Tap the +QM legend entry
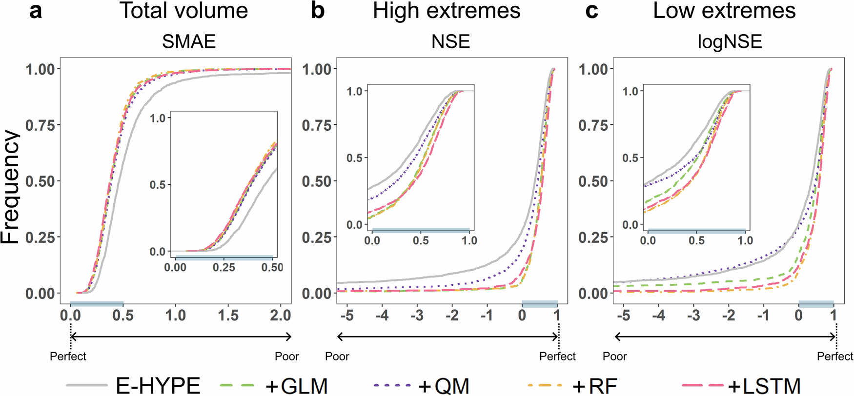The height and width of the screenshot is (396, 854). point(444,385)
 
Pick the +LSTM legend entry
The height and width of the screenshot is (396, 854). point(764,385)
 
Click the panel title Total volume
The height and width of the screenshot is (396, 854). point(184,11)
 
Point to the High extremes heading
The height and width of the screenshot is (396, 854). point(447,11)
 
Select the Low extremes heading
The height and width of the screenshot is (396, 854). point(724,11)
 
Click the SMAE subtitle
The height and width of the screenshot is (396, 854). point(189,42)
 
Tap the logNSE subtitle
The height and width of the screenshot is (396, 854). point(730,42)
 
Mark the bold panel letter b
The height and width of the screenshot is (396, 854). point(318,11)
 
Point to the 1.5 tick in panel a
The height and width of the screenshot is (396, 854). point(228,316)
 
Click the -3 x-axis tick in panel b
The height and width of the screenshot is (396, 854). point(417,316)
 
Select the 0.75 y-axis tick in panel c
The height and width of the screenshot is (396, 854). point(593,125)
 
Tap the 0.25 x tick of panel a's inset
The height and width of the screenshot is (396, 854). point(224,267)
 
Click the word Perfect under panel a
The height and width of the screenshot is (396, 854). point(68,356)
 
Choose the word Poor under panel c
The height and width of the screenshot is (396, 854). point(614,356)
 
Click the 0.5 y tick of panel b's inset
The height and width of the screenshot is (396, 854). point(354,158)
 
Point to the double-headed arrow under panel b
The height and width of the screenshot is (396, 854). point(447,337)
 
